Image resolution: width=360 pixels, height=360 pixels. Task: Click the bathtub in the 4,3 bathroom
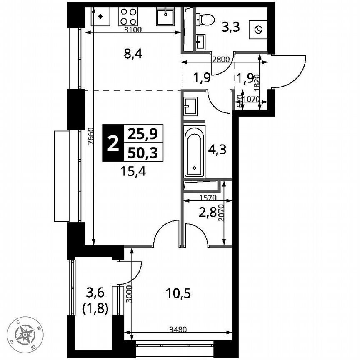(x=195, y=152)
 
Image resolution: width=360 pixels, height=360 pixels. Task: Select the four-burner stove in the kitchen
(x=128, y=17)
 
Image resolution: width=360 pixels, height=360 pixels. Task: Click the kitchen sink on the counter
(x=166, y=17)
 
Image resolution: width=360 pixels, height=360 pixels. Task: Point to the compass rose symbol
(x=24, y=334)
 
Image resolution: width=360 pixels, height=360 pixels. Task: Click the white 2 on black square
(x=112, y=143)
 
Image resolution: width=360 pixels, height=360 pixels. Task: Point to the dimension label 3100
(x=133, y=29)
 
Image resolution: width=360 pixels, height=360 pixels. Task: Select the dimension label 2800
(x=221, y=60)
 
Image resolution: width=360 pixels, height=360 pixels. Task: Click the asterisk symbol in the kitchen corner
(x=100, y=17)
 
